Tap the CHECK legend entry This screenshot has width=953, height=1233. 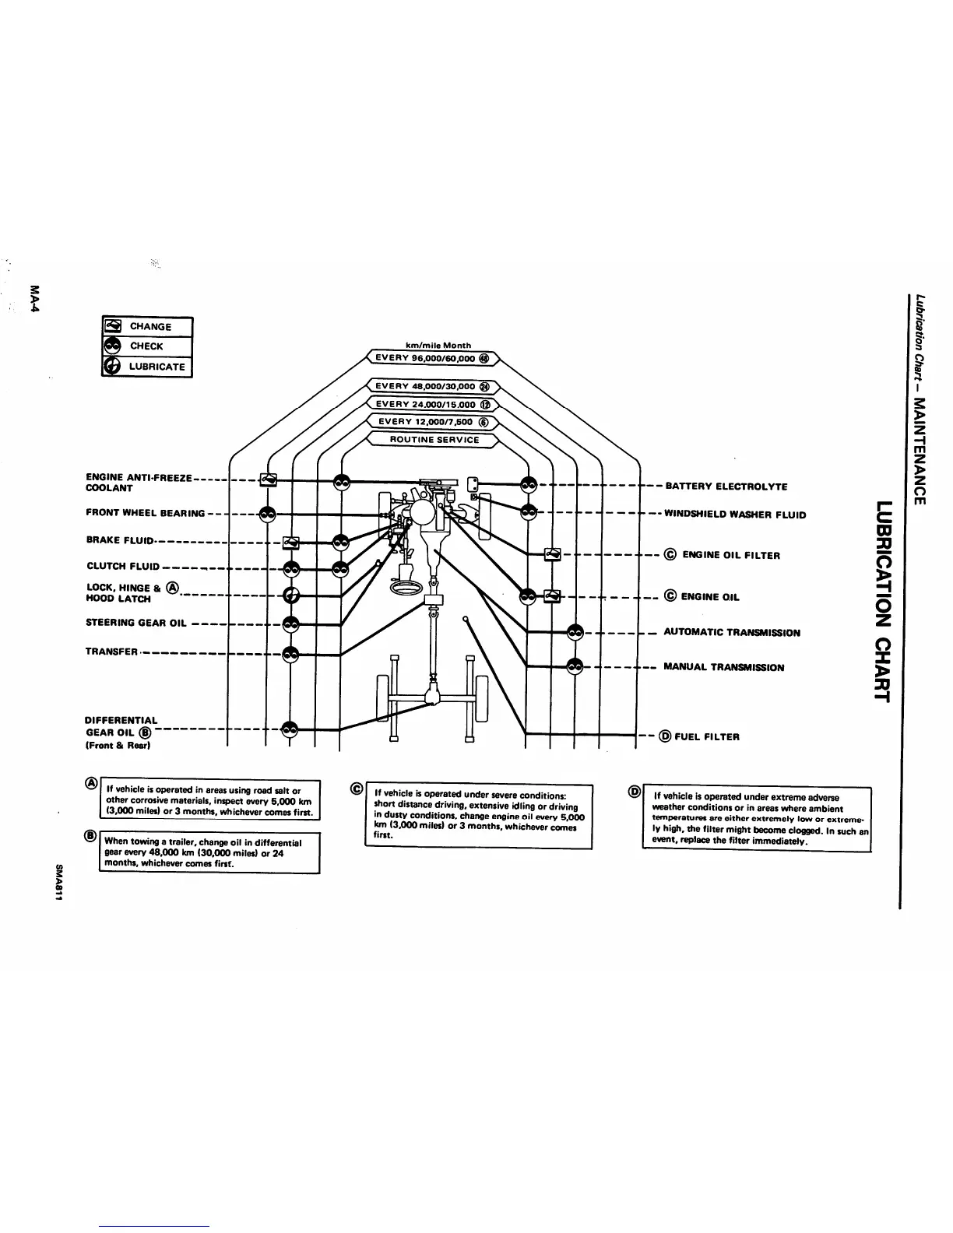pyautogui.click(x=147, y=346)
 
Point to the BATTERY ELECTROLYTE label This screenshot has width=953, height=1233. pyautogui.click(x=726, y=487)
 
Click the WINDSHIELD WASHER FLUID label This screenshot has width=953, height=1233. pyautogui.click(x=734, y=515)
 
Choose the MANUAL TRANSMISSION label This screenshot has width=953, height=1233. pyautogui.click(x=723, y=667)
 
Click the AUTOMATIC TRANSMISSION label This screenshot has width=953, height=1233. pyautogui.click(x=731, y=633)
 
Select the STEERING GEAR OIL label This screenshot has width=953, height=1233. pyautogui.click(x=136, y=623)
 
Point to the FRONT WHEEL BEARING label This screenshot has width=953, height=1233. pyautogui.click(x=146, y=513)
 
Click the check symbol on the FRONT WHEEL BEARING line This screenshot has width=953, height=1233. pyautogui.click(x=267, y=514)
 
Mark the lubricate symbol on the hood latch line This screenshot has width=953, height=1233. pyautogui.click(x=291, y=596)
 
